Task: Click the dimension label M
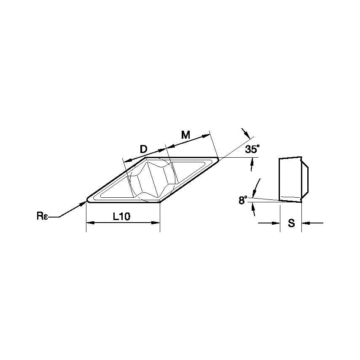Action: [x=185, y=135]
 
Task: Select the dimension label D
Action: [x=143, y=149]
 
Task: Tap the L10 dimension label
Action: [x=122, y=217]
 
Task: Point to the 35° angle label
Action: [x=253, y=149]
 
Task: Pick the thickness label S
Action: [x=291, y=223]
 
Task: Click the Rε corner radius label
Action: [x=43, y=217]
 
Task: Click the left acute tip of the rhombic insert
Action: [x=88, y=200]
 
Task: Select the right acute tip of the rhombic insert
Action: [x=218, y=159]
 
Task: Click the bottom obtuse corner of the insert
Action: [x=159, y=201]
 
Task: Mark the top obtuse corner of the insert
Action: [x=146, y=158]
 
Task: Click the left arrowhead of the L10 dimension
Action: [x=89, y=222]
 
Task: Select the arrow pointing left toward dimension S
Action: [x=305, y=223]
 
